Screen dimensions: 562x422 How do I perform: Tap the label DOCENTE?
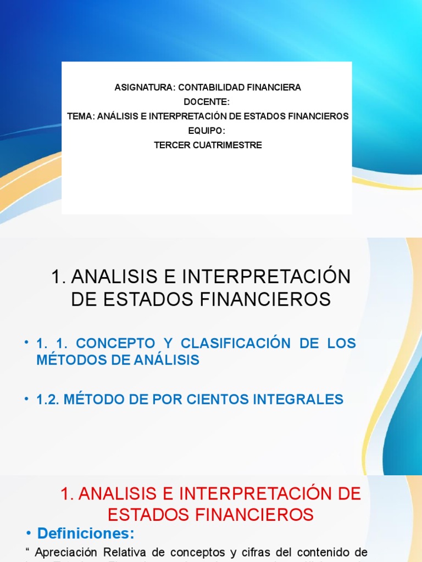(x=207, y=102)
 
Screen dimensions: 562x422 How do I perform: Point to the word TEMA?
(x=81, y=116)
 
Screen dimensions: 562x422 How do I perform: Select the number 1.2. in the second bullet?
(x=48, y=400)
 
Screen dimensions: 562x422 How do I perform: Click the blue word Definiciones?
(x=86, y=533)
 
